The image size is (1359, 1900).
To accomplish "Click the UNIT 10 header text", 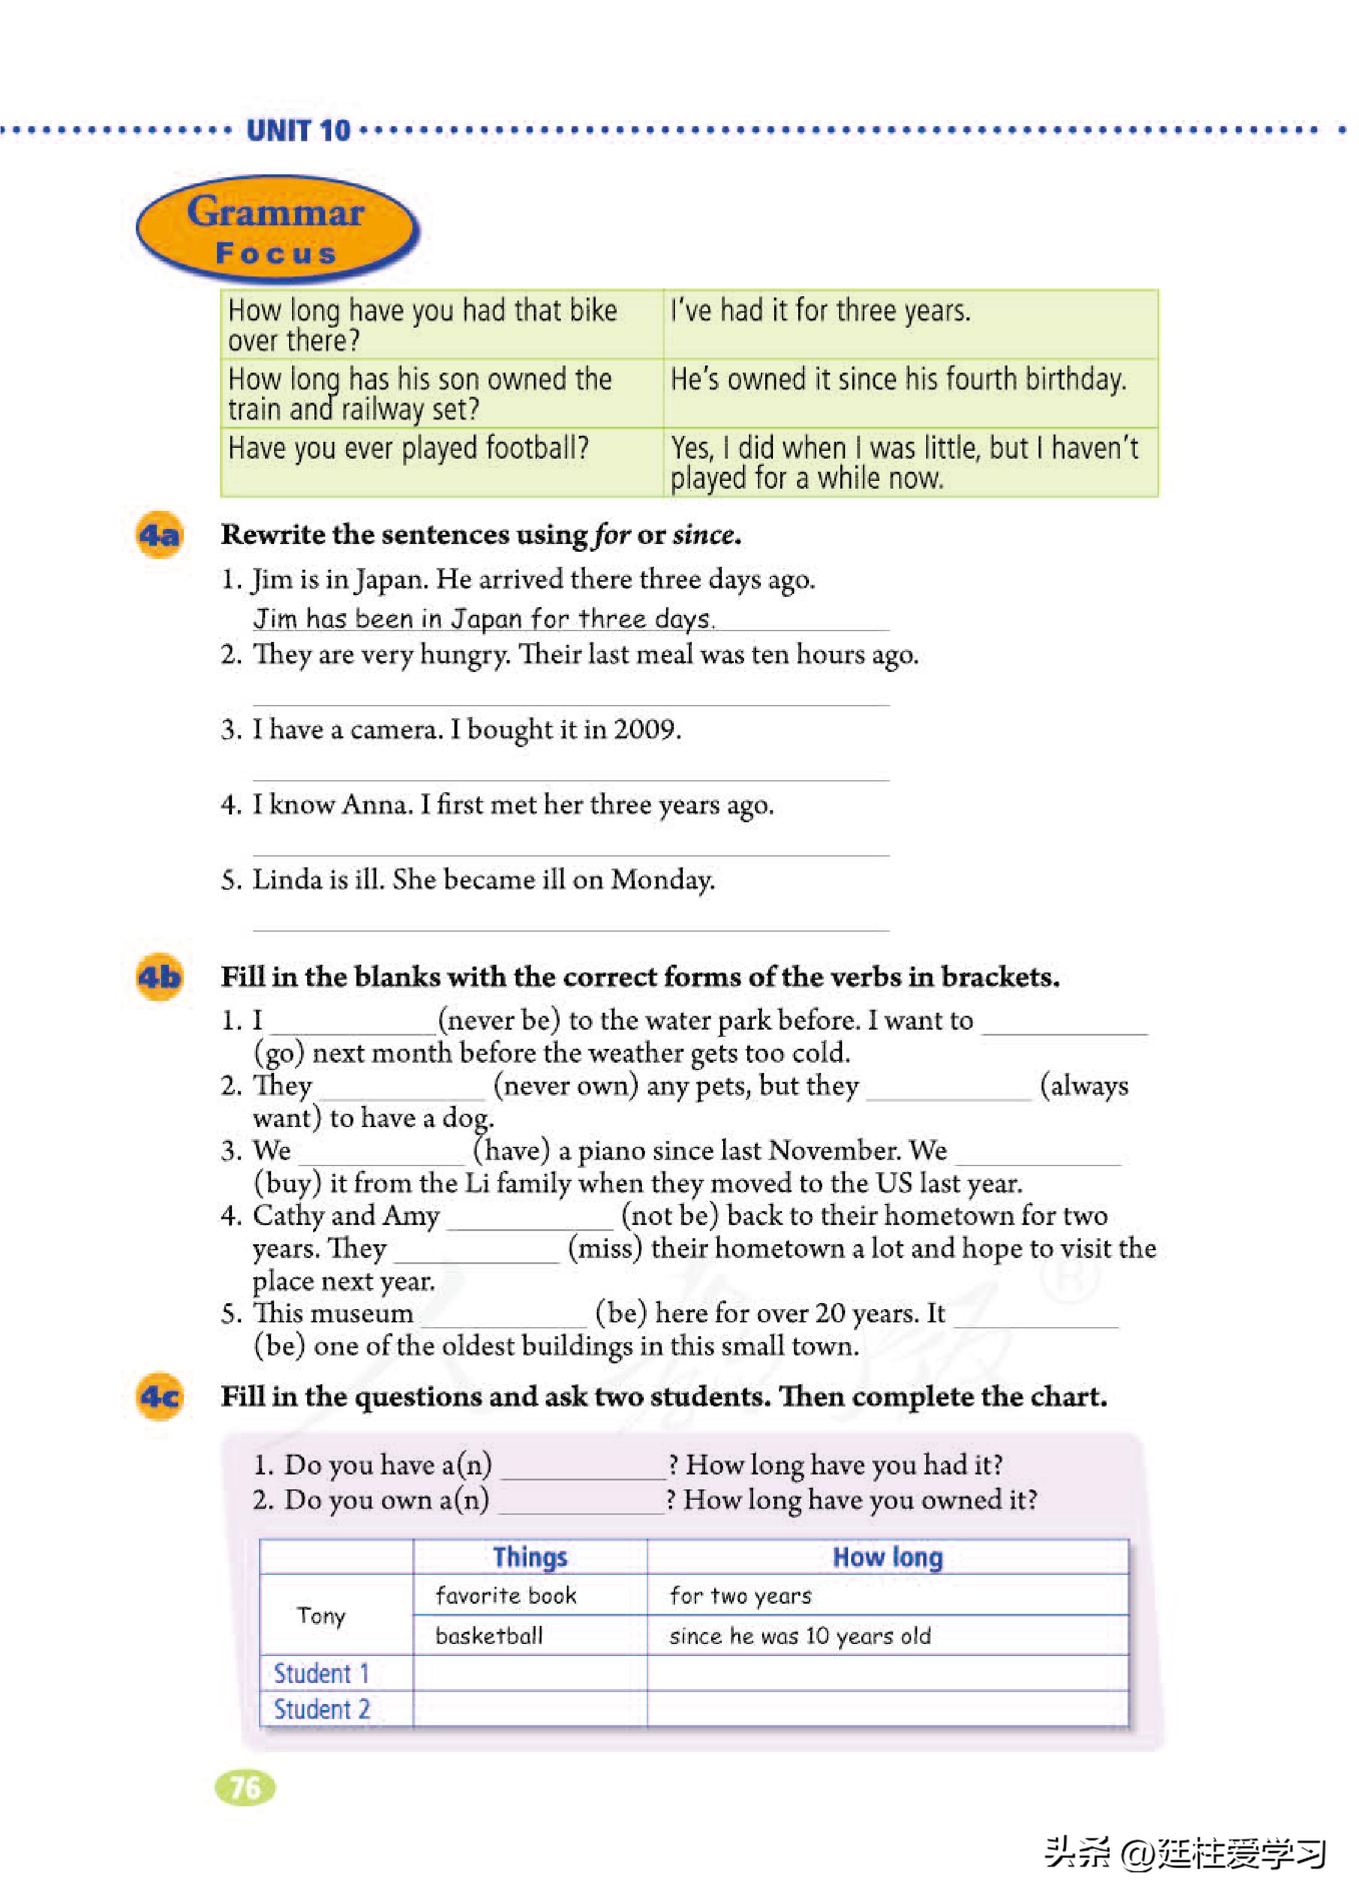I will click(x=298, y=130).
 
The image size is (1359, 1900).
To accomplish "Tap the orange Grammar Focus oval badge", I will click(x=276, y=228).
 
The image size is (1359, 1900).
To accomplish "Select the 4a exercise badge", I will click(x=159, y=534).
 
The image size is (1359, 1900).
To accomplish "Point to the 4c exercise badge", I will click(x=159, y=1396).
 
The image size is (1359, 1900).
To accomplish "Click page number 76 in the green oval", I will click(x=245, y=1788).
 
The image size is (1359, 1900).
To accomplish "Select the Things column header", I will click(x=530, y=1557).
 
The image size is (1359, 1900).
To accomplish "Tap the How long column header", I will click(x=887, y=1557).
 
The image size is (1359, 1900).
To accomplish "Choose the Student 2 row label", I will click(x=322, y=1709).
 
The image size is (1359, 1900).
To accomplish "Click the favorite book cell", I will click(x=505, y=1595).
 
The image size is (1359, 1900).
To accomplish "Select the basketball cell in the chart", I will click(x=489, y=1636).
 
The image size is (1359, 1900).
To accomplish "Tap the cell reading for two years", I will click(x=740, y=1595).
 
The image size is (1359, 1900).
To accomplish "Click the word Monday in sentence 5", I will click(x=662, y=879).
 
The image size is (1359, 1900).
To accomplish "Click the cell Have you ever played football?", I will click(x=408, y=448).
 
